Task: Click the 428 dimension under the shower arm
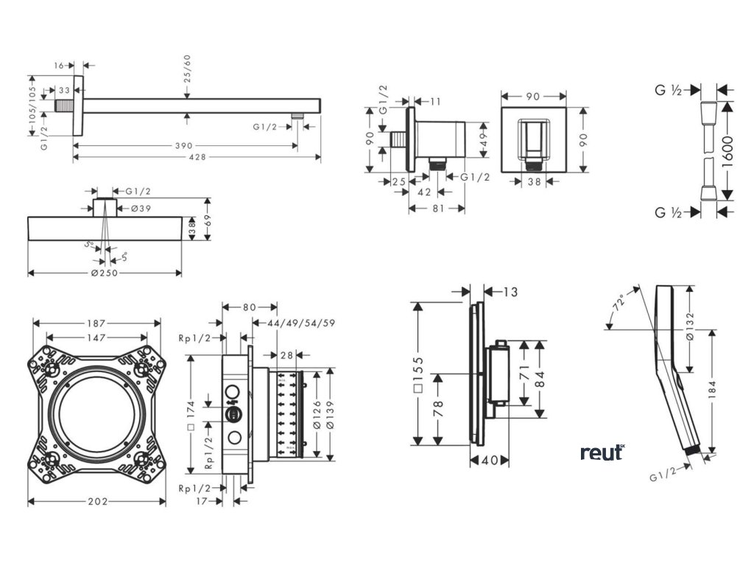(197, 156)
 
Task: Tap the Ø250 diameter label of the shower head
(105, 273)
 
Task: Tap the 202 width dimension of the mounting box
(97, 501)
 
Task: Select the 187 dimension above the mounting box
(97, 323)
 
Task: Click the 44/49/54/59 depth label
(293, 323)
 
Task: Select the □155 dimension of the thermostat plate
(418, 376)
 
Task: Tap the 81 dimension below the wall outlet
(436, 208)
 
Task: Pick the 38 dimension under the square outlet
(534, 181)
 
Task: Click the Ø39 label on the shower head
(141, 208)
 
